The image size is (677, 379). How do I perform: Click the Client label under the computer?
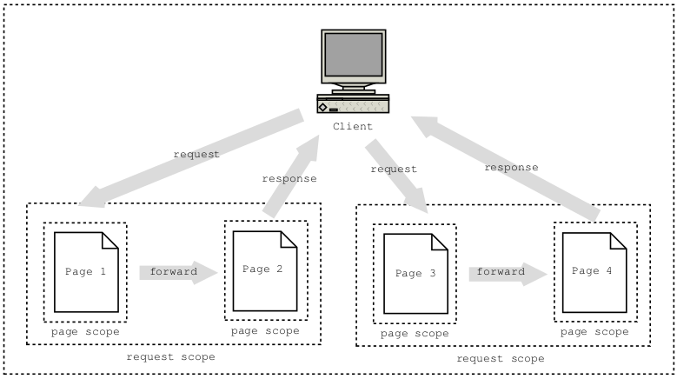point(353,127)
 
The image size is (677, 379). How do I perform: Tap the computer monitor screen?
point(353,56)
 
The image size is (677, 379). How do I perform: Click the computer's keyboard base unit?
point(353,105)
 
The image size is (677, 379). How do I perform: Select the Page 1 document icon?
point(86,272)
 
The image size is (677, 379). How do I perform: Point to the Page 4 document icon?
point(594,272)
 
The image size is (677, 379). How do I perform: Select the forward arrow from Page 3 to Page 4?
point(508,272)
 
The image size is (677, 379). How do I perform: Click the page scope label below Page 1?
point(85,331)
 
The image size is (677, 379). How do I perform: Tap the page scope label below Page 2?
point(265,330)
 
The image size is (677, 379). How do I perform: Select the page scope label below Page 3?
point(414,333)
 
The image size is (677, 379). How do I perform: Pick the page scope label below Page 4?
point(594,331)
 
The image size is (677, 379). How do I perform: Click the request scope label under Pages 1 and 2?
point(170,356)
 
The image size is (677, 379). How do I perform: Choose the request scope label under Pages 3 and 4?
point(501,358)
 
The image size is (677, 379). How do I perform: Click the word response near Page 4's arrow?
point(511,167)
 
